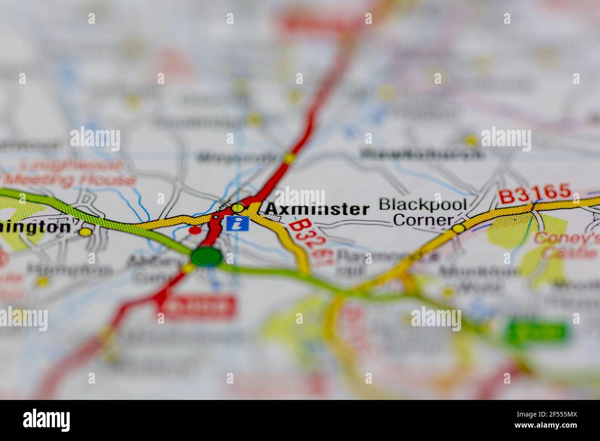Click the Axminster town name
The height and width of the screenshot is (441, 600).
tap(317, 209)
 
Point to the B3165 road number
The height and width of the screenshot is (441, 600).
tap(534, 195)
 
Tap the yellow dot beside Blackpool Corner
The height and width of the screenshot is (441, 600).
tap(458, 228)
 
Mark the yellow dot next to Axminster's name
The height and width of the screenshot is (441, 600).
tap(238, 208)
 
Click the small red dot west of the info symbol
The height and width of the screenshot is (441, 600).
tap(196, 229)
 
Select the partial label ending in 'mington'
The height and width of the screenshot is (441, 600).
tap(35, 227)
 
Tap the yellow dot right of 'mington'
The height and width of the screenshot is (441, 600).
tap(84, 232)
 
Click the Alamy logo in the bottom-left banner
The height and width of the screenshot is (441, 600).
tap(47, 420)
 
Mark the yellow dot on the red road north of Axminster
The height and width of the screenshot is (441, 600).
tap(289, 158)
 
